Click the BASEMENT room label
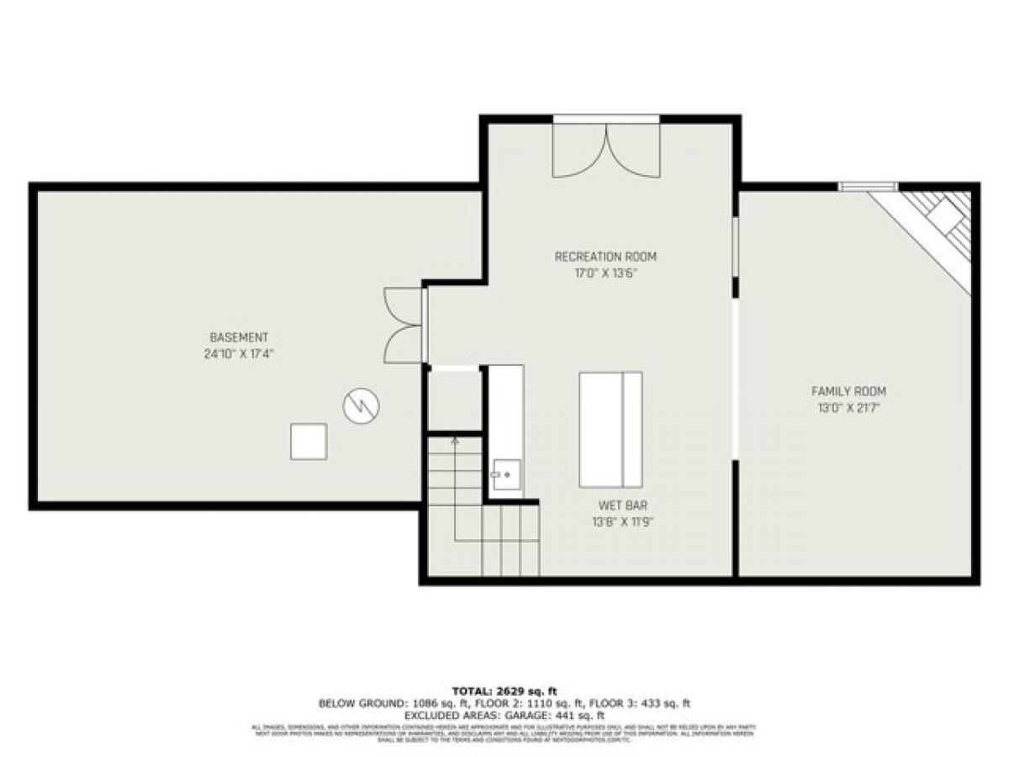tap(240, 337)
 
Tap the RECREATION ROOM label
tap(605, 257)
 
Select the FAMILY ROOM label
tap(848, 391)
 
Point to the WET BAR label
tap(622, 506)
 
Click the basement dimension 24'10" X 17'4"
tap(240, 354)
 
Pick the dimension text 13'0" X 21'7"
tap(848, 408)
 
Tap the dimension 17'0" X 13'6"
tap(605, 273)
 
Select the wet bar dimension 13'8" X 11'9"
tap(622, 522)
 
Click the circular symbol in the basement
tap(361, 407)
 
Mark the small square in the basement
tap(309, 442)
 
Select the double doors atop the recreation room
tap(605, 150)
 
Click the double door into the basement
tap(404, 326)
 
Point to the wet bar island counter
tap(610, 429)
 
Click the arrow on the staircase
tap(455, 440)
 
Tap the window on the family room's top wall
tap(868, 187)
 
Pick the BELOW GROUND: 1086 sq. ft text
tap(383, 703)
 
